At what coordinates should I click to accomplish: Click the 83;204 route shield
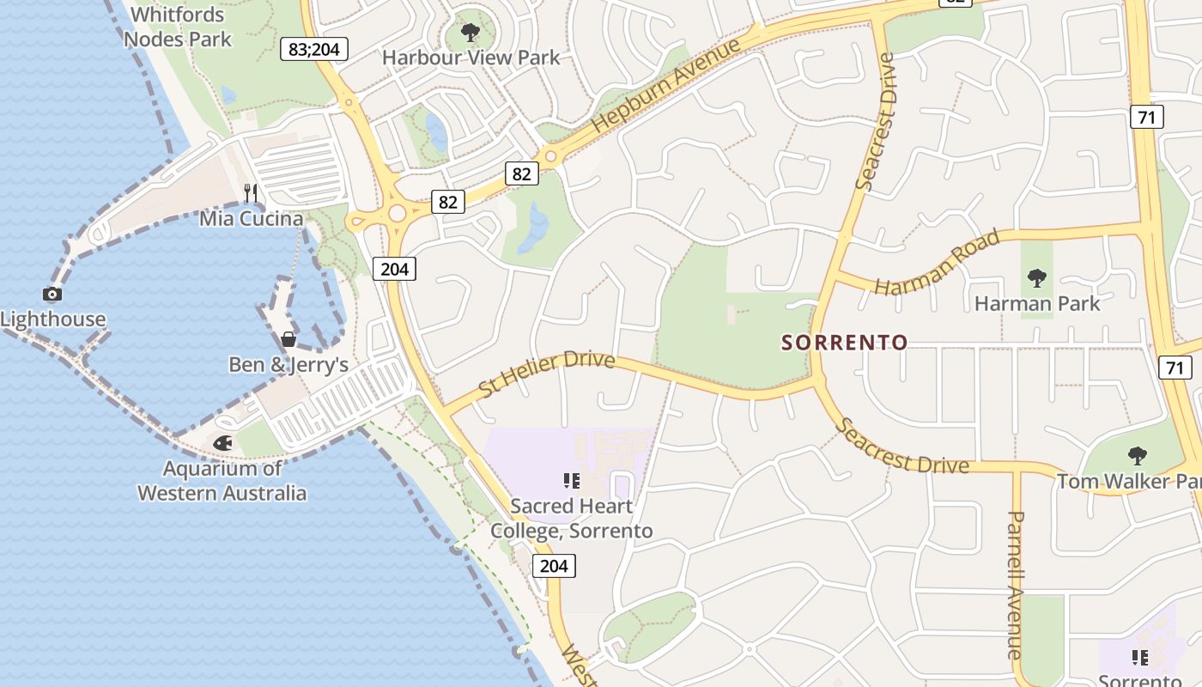(x=314, y=49)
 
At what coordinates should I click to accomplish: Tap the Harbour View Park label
(x=470, y=58)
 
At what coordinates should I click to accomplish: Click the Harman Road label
(x=938, y=262)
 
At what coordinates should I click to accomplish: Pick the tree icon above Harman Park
(x=1037, y=278)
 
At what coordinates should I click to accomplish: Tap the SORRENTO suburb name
(x=844, y=343)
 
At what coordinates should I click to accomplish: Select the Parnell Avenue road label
(x=1016, y=584)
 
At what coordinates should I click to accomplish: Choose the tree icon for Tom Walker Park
(x=1138, y=456)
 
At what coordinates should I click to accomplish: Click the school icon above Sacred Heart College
(x=572, y=481)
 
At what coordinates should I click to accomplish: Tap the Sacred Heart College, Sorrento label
(x=572, y=519)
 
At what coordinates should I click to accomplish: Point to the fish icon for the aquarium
(x=223, y=443)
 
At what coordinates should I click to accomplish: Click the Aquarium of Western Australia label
(x=222, y=481)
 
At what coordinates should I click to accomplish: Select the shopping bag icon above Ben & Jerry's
(x=288, y=339)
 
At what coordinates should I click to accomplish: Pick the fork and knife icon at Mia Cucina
(x=251, y=192)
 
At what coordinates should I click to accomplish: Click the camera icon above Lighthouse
(x=52, y=295)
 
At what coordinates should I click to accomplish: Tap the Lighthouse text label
(x=53, y=319)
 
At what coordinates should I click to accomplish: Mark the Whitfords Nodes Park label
(x=178, y=27)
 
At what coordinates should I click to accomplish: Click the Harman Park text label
(x=1037, y=303)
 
